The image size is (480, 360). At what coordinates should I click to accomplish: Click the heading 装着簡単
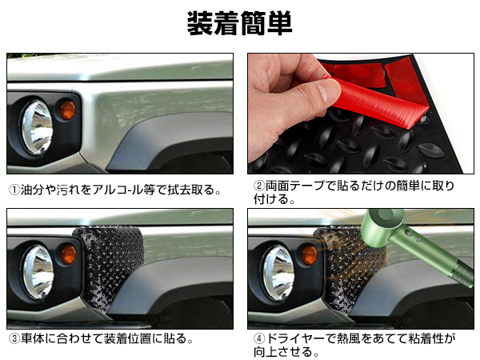coord(239,23)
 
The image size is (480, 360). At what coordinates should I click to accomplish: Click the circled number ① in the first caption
coord(14,191)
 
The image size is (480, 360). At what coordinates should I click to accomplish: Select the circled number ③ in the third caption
coord(14,339)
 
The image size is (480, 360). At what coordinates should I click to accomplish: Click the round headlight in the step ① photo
coord(36,126)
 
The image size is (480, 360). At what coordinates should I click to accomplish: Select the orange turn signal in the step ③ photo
coord(68,254)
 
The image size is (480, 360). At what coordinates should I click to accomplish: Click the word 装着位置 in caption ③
coord(130,339)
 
